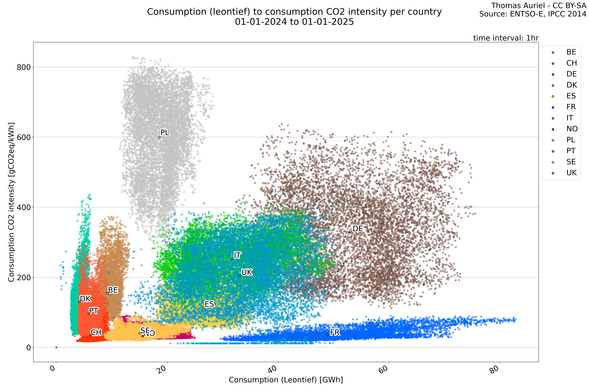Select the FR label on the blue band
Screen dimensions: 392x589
click(x=335, y=332)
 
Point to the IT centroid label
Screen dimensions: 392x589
click(x=237, y=255)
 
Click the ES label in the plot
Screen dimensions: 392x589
click(x=209, y=304)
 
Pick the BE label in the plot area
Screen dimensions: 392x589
click(x=113, y=290)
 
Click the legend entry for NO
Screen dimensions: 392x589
click(x=572, y=129)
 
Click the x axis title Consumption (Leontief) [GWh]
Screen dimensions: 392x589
click(x=286, y=380)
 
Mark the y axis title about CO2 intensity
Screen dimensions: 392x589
click(x=11, y=202)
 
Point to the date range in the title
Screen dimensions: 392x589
click(x=294, y=22)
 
